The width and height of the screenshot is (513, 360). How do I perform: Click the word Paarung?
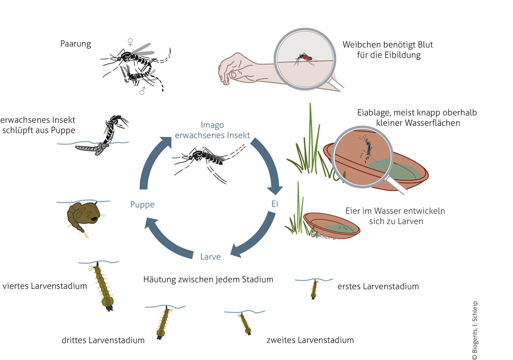(x=76, y=44)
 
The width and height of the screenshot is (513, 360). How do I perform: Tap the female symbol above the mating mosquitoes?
(x=130, y=42)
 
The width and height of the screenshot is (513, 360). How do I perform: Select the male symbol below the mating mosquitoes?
(x=142, y=91)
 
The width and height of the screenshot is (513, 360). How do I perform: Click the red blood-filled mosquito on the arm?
(x=305, y=59)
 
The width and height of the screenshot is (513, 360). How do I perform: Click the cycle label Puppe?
(x=142, y=205)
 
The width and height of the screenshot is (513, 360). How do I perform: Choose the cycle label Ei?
(x=275, y=204)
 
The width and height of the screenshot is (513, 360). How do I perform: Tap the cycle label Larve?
(x=210, y=257)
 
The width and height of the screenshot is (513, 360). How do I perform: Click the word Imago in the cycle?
(x=212, y=125)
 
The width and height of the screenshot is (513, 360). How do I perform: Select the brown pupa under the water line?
(x=82, y=216)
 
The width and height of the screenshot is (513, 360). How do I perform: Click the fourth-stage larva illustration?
(x=103, y=287)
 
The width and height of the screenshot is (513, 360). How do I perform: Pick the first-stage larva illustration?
(x=314, y=289)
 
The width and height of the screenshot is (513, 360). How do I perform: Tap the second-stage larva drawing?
(x=245, y=323)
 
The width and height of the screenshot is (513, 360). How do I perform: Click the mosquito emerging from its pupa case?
(x=104, y=134)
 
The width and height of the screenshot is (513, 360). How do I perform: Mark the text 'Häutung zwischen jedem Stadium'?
(x=208, y=279)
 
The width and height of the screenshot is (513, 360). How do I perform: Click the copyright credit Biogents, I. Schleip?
(x=475, y=330)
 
